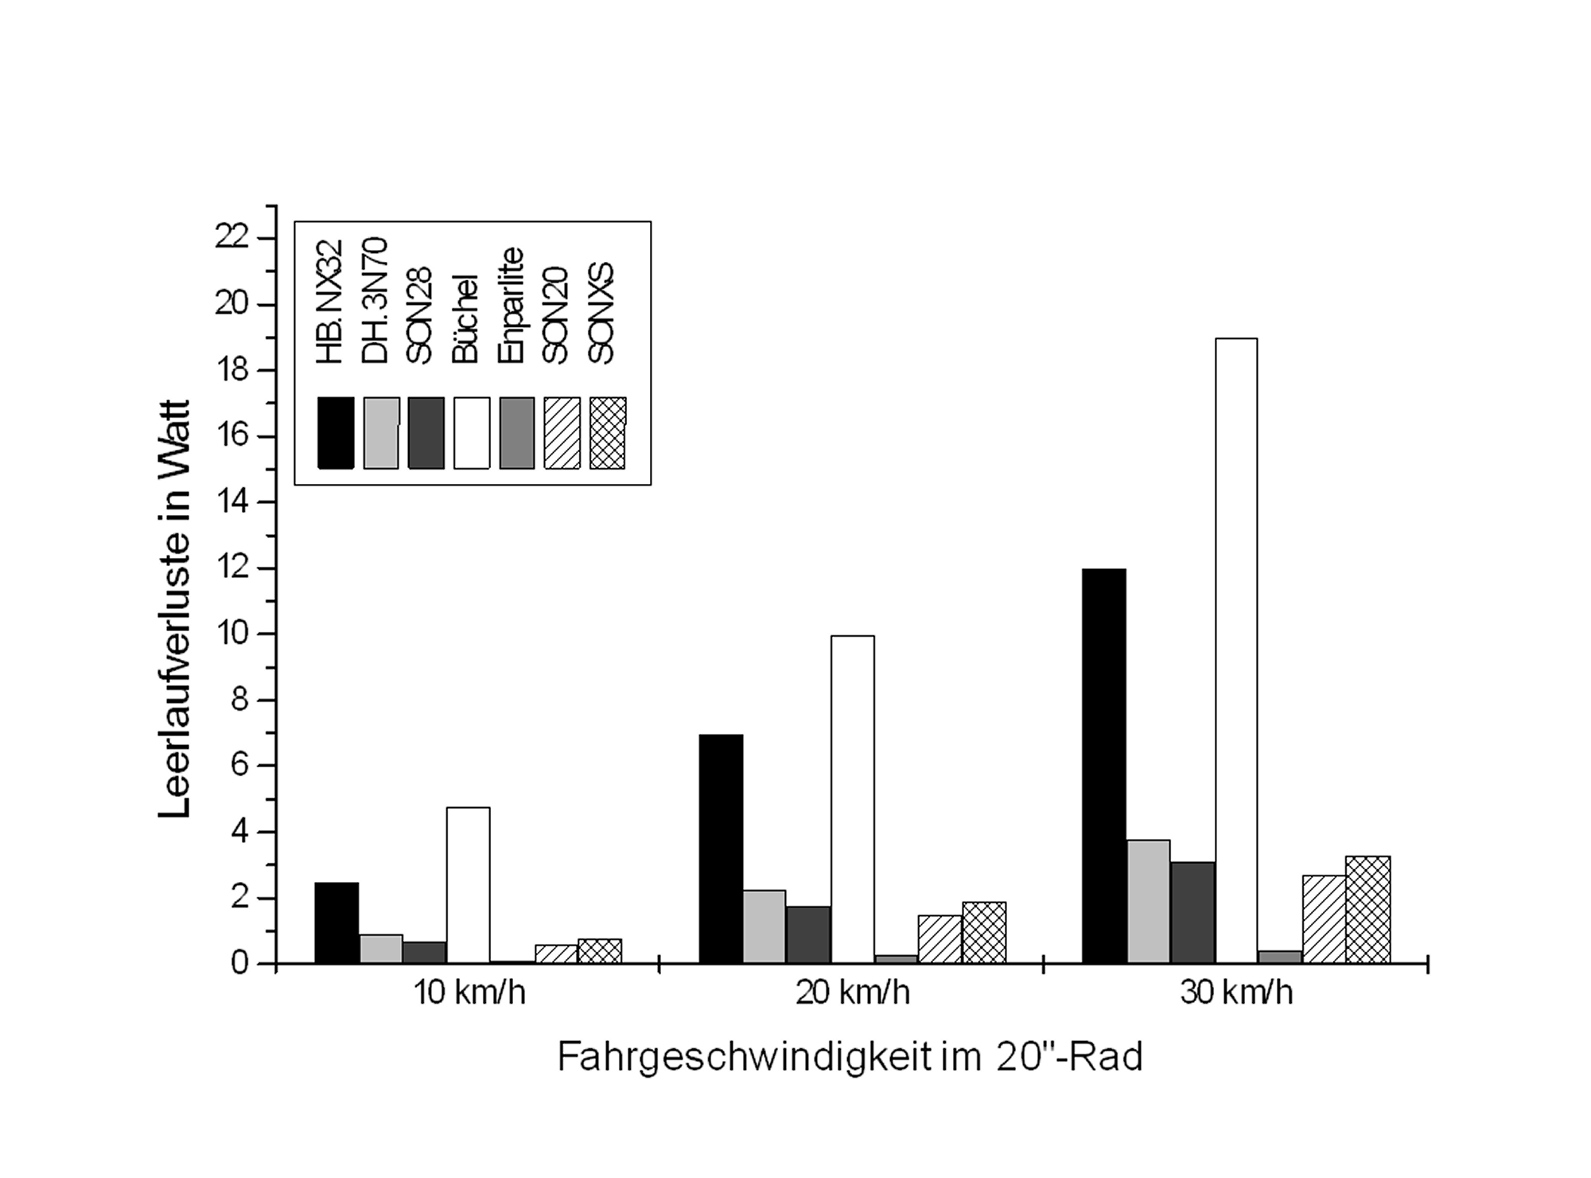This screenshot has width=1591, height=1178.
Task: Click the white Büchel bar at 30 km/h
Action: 1236,650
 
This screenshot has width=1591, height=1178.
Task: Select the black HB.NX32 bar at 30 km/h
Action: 1104,766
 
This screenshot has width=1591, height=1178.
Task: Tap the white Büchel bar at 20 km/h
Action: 852,799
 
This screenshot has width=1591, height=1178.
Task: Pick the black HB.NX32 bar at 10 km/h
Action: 336,923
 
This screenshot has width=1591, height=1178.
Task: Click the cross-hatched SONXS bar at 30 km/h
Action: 1368,910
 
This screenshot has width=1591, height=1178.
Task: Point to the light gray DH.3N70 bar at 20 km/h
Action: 764,926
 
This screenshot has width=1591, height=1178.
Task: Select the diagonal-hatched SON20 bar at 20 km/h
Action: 939,939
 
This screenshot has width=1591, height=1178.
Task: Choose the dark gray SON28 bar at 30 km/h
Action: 1192,912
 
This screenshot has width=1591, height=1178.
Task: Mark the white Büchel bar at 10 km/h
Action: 468,885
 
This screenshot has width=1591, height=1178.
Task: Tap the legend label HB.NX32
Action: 329,302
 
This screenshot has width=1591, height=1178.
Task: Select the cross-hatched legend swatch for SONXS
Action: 608,433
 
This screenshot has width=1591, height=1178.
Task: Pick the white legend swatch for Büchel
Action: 472,433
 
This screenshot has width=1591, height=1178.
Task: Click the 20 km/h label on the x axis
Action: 852,993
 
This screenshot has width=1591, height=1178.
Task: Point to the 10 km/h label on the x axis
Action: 469,993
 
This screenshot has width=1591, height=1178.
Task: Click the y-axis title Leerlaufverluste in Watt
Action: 174,609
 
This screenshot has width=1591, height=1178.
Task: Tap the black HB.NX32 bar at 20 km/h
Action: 721,848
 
